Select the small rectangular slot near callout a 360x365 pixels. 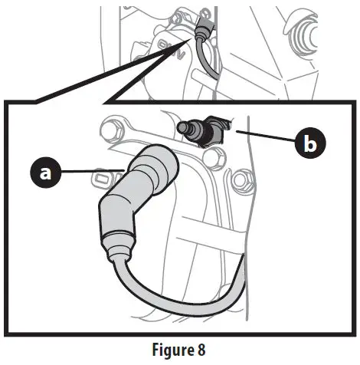pos(99,180)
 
